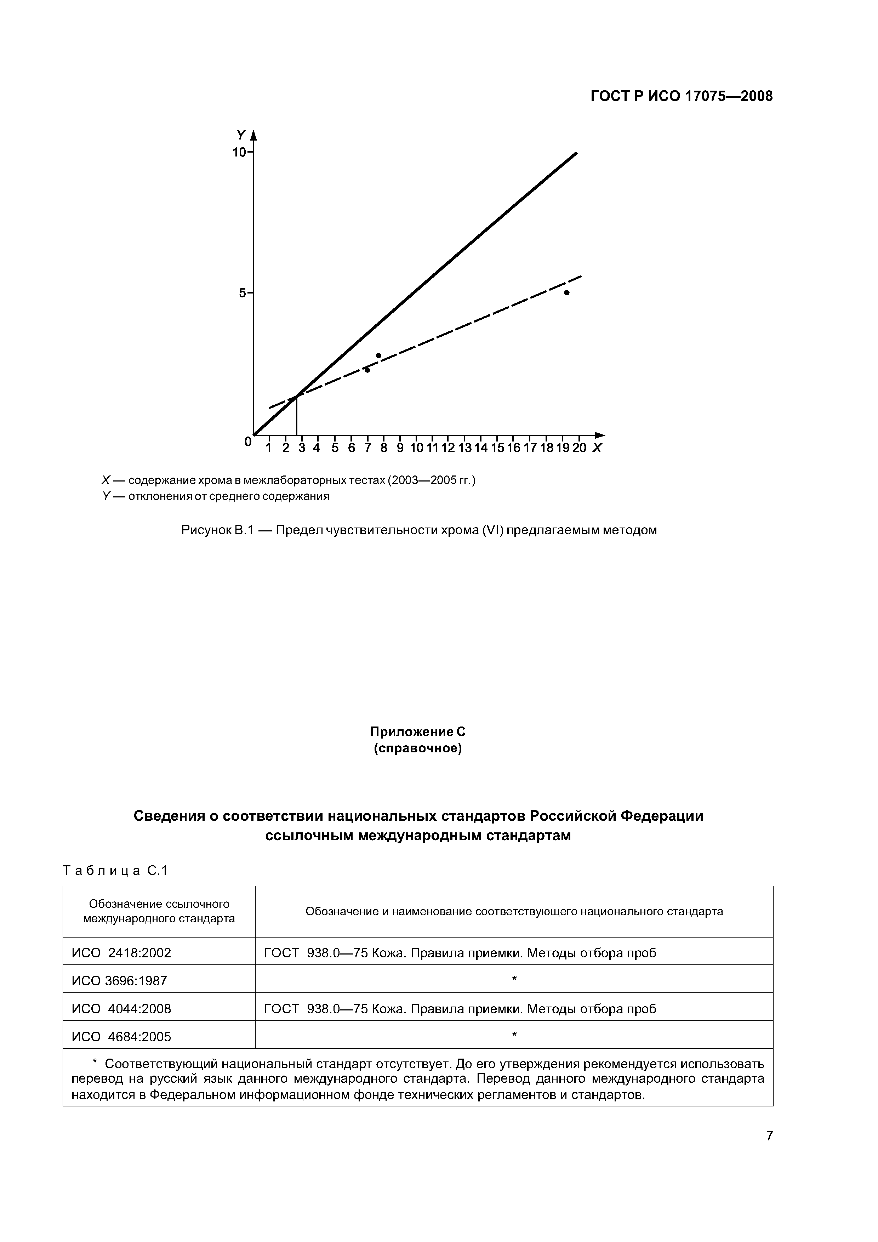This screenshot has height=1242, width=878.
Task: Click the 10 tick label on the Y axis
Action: click(x=239, y=153)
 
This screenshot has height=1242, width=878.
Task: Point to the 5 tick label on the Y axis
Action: click(x=243, y=293)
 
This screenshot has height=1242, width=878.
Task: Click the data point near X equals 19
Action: click(x=567, y=293)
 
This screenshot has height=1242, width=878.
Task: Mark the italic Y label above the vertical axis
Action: click(x=241, y=134)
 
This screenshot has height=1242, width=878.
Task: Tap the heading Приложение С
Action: click(x=418, y=732)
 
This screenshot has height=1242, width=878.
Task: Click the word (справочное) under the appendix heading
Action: click(x=418, y=749)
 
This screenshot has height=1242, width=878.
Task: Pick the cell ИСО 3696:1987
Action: click(x=120, y=981)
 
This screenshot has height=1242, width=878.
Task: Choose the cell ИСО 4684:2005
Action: click(x=121, y=1036)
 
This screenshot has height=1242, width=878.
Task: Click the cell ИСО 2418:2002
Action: click(x=121, y=953)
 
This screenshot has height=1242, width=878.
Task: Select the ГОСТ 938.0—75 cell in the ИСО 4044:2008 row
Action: click(x=460, y=1008)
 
